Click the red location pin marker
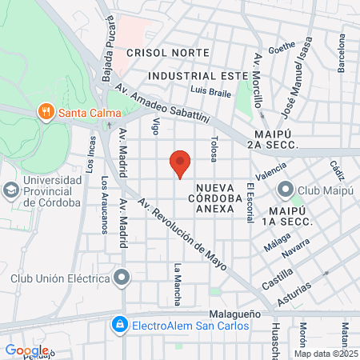click(180, 163)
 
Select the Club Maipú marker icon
click(285, 190)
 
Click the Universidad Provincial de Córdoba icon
click(10, 190)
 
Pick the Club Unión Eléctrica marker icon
click(121, 278)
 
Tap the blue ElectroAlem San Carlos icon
click(119, 325)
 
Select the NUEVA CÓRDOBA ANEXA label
click(215, 196)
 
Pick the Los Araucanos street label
click(105, 205)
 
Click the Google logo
click(26, 350)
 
